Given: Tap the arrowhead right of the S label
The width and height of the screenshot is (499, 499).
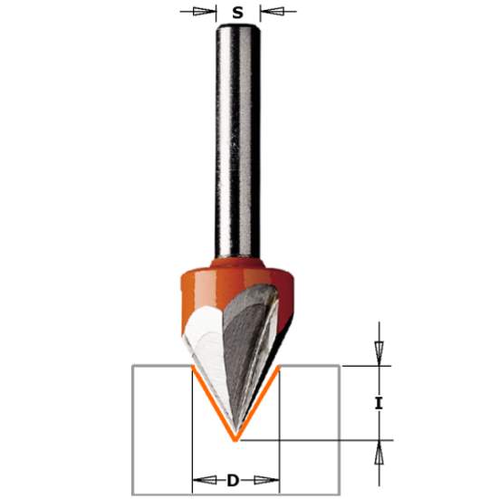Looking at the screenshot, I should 267,12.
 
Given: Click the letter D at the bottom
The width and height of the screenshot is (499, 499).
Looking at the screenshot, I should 233,480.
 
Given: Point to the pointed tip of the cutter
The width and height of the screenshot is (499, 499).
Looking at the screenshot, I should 236,436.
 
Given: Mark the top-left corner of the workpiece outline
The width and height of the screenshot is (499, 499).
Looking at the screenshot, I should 132,366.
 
